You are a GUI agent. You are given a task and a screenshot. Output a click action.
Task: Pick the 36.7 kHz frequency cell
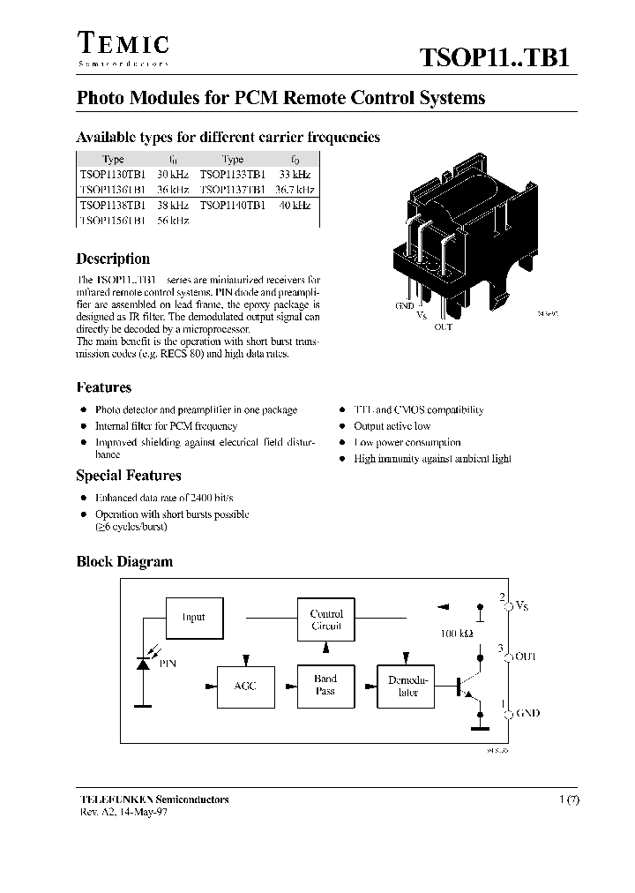coord(294,190)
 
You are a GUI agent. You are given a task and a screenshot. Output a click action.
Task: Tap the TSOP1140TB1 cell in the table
coord(232,205)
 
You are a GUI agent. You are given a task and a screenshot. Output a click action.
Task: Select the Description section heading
coord(113,259)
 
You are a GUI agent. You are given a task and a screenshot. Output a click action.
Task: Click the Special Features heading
coord(129,476)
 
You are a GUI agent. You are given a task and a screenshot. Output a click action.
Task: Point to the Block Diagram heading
coord(124,562)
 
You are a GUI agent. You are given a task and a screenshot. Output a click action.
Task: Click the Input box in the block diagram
coord(193,618)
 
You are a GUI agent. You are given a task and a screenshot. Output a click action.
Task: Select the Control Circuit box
coord(326,619)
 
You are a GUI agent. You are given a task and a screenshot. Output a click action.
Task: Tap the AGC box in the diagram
coord(245,686)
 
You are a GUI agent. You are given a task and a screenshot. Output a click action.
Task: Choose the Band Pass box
coord(325,686)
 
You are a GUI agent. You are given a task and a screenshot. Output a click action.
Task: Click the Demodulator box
coord(407,686)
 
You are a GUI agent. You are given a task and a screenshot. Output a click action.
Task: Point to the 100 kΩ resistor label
coord(456,634)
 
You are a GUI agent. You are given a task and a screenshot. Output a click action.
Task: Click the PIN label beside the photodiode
coord(167,663)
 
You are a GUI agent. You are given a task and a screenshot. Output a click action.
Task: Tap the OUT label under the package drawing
coord(444,327)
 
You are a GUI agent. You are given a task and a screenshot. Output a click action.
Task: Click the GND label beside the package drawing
coord(405,305)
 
